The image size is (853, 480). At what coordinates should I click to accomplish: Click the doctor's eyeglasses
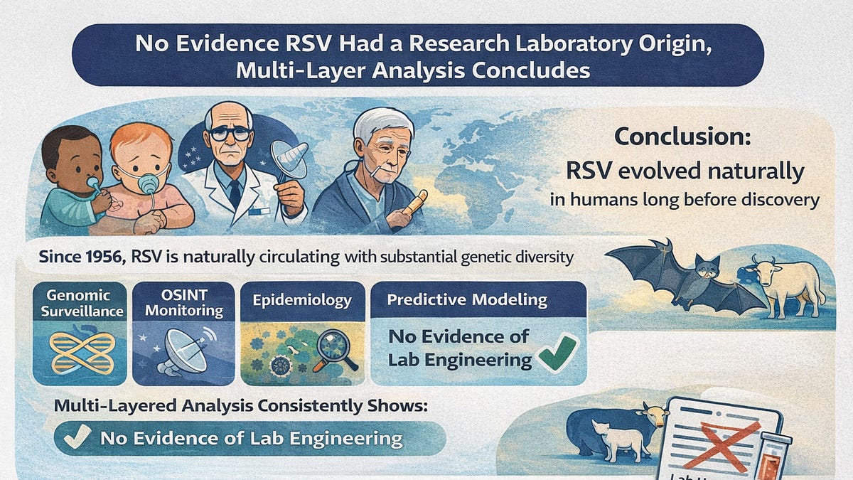(228, 133)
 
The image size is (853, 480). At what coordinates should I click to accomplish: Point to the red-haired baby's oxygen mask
(149, 181)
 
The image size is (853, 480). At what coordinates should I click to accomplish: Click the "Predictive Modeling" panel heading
(467, 299)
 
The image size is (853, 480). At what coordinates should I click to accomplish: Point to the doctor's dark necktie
(234, 193)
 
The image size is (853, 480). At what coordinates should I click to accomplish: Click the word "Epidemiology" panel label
(301, 299)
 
